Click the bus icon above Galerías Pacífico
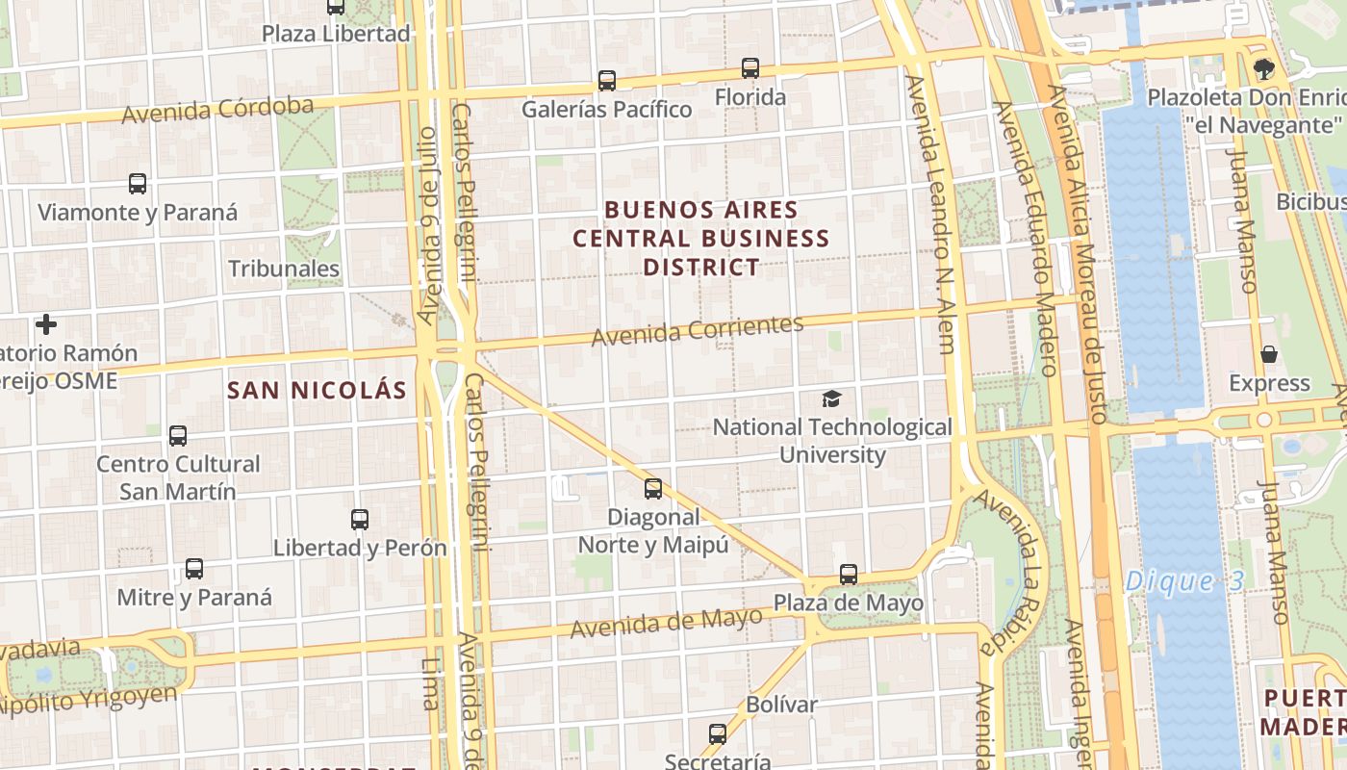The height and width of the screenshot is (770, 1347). point(606,81)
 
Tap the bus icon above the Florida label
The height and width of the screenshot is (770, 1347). point(750,68)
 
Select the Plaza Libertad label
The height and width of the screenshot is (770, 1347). point(336,34)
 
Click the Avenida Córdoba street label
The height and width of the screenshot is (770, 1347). point(217,110)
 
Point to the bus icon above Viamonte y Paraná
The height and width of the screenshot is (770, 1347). point(138,184)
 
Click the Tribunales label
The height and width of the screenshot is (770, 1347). point(284,269)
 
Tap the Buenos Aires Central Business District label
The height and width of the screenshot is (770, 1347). point(701,238)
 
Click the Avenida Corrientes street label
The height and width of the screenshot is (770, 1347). point(697,330)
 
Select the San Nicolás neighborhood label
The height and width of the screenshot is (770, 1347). point(317,390)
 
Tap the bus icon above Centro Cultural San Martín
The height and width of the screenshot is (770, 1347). point(178,436)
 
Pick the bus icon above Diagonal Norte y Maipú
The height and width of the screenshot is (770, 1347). point(653,489)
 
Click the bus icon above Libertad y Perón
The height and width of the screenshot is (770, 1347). point(360,520)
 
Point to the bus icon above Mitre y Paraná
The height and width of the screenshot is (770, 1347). point(194,569)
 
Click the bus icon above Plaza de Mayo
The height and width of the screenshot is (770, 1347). point(848,575)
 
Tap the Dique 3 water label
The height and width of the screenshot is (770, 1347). point(1184,580)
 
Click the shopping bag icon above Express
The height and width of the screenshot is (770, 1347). point(1269,355)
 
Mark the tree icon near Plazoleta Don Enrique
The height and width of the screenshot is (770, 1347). point(1263,69)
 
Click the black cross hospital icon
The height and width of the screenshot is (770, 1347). point(45,324)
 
